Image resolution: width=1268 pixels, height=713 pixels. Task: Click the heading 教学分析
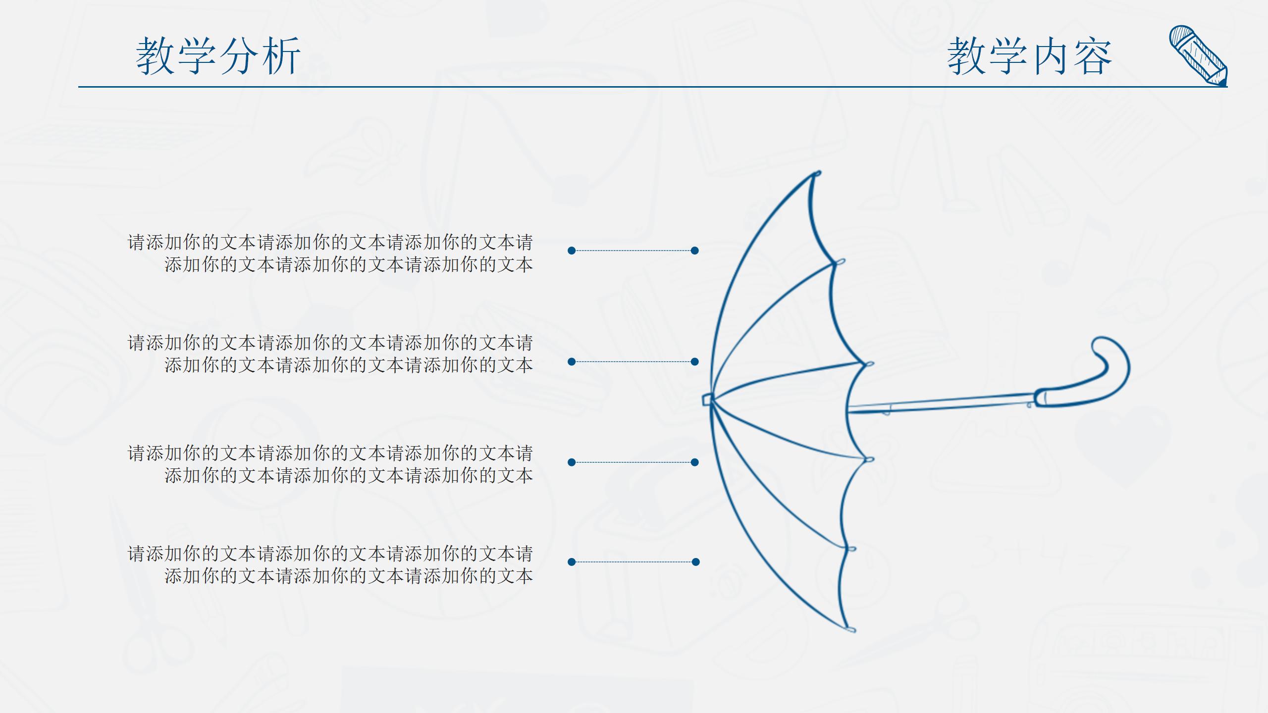coord(218,56)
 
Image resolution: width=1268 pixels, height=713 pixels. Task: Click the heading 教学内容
coord(1029,56)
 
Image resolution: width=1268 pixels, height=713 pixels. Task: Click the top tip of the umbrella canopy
coord(816,174)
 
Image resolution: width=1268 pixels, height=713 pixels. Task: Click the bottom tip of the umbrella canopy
coord(851,629)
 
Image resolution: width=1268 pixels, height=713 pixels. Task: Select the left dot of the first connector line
coord(572,251)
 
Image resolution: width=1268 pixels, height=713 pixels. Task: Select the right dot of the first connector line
coord(695,251)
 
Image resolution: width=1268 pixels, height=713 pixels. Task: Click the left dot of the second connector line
coord(572,362)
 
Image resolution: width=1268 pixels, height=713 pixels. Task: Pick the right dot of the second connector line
coord(695,362)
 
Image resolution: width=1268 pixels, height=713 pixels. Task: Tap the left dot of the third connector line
coord(572,462)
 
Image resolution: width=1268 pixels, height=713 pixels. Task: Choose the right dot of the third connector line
coord(695,462)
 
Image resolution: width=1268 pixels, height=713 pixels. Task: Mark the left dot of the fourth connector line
coord(572,562)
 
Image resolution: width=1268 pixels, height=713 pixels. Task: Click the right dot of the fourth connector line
coord(696,562)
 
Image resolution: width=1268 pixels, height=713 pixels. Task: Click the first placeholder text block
coord(330,254)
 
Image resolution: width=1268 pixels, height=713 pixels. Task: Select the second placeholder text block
coord(330,354)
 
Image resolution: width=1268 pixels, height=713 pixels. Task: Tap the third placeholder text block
coord(330,464)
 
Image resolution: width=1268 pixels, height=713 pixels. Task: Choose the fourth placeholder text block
coord(330,565)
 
